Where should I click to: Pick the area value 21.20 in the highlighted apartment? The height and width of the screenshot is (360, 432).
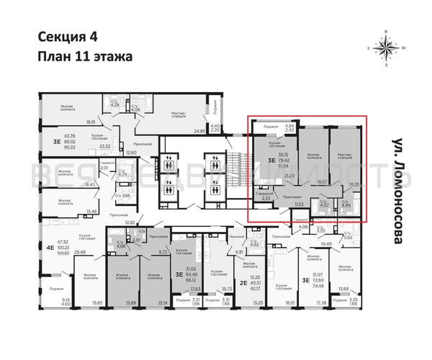pos(289,175)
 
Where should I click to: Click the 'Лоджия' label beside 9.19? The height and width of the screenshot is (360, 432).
pos(46,287)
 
